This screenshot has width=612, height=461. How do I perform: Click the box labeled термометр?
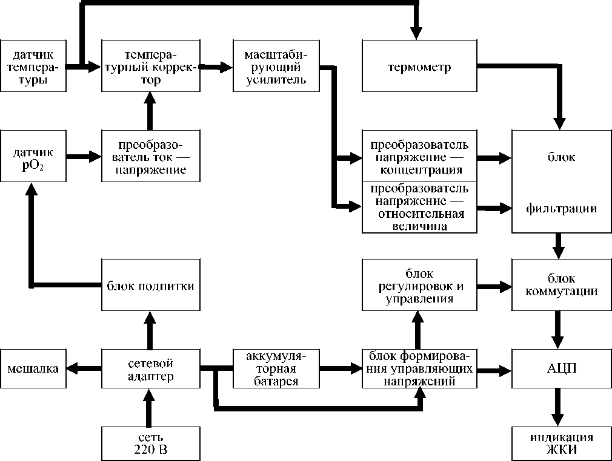pyautogui.click(x=419, y=66)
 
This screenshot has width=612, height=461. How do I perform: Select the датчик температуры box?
pyautogui.click(x=33, y=66)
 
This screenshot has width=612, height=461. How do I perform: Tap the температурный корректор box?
pyautogui.click(x=150, y=66)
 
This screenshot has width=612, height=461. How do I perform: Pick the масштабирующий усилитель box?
pyautogui.click(x=276, y=66)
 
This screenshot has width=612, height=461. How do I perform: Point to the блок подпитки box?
pyautogui.click(x=150, y=286)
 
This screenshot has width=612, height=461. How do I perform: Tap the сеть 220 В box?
pyautogui.click(x=150, y=443)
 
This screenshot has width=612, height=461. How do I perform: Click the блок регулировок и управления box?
pyautogui.click(x=419, y=284)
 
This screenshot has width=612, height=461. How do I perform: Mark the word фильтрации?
pyautogui.click(x=561, y=209)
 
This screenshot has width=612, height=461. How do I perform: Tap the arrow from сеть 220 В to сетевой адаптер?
pyautogui.click(x=150, y=408)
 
